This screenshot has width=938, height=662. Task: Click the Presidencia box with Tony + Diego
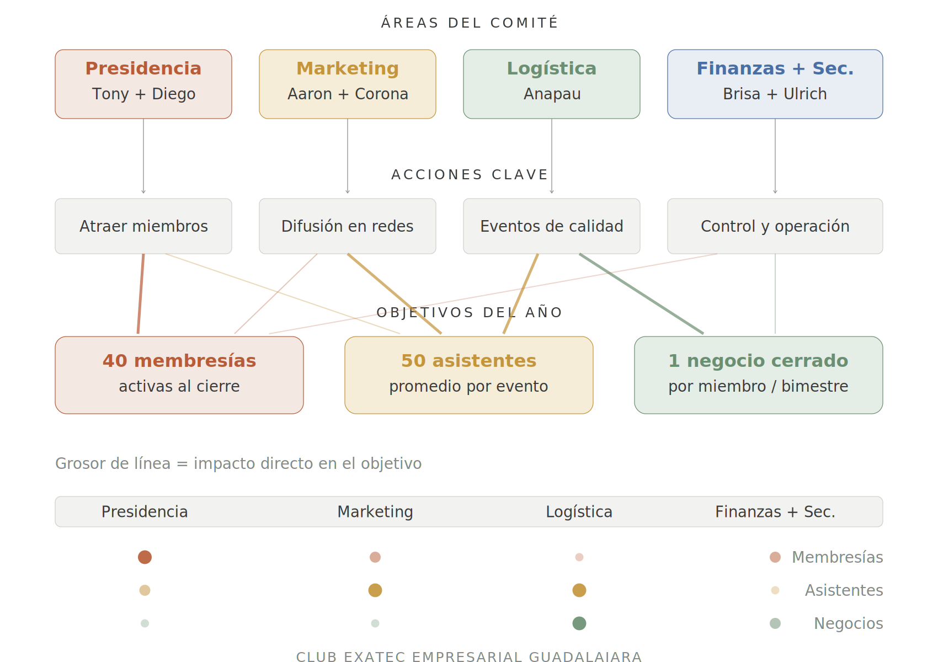tap(143, 84)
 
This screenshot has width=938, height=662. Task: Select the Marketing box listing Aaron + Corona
tap(348, 84)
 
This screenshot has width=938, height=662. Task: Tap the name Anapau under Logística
tap(552, 94)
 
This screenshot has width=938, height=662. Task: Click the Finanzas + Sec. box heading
tap(775, 68)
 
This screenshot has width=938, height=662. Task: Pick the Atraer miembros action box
tap(143, 226)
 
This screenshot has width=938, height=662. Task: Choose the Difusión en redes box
tap(348, 226)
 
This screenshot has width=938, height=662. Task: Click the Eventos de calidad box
tap(552, 226)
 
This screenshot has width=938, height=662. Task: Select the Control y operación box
tap(775, 226)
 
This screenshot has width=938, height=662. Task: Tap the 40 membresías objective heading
tap(179, 361)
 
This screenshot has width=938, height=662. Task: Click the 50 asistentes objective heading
tap(468, 361)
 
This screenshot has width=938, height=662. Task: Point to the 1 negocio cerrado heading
tap(758, 361)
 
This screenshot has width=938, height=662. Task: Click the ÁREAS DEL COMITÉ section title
tap(469, 23)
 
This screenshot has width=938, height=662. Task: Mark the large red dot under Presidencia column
tap(145, 557)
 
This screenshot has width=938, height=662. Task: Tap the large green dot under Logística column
tap(579, 623)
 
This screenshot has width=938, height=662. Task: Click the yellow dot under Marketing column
tap(375, 590)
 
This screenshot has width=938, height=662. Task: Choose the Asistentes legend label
tap(844, 590)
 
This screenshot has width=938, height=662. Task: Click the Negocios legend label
tap(848, 623)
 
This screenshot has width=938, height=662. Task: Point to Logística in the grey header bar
tap(579, 512)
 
